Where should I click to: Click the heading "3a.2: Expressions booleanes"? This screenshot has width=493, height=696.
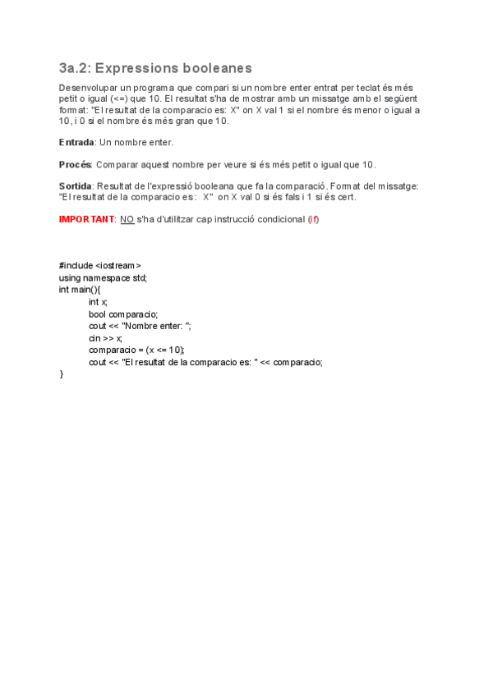tap(155, 68)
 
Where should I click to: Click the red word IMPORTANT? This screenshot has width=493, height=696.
tap(86, 219)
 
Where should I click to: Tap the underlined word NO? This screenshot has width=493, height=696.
tap(127, 219)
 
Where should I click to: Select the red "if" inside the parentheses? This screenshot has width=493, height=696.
tap(313, 219)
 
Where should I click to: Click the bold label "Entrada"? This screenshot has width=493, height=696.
tap(76, 142)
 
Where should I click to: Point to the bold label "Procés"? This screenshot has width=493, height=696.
tap(76, 164)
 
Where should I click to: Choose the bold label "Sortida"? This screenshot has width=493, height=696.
tap(75, 186)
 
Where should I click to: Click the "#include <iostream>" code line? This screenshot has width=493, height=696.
tap(99, 266)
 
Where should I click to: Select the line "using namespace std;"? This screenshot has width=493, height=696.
tap(104, 278)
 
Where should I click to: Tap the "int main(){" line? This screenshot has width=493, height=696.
tap(80, 290)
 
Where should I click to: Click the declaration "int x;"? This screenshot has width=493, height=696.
tap(98, 302)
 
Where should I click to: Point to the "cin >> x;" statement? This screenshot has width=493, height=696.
tap(106, 338)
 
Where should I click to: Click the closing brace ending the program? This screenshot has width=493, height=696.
tap(62, 374)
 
